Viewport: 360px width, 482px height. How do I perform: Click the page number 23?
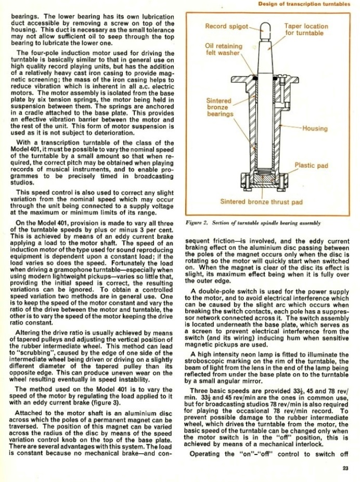(x=345, y=468)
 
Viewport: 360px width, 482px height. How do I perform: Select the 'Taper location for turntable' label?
(x=306, y=30)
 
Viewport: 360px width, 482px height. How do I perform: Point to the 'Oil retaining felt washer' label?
(x=224, y=49)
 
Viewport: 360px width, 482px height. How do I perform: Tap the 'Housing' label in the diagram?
(x=315, y=129)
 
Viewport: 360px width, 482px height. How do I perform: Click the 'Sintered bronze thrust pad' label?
(x=261, y=201)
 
